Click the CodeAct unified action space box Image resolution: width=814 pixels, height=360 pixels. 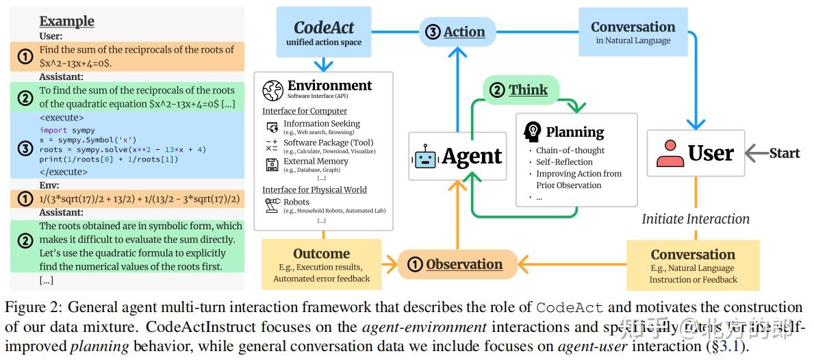(x=324, y=31)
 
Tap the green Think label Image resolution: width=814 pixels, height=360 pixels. (x=520, y=90)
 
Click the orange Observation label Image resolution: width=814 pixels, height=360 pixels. (x=455, y=264)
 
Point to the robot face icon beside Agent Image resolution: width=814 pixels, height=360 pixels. (x=424, y=157)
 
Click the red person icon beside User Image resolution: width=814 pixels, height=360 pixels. (x=670, y=153)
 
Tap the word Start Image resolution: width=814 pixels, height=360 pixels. (x=784, y=153)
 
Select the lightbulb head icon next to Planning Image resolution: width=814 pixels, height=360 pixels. (x=532, y=131)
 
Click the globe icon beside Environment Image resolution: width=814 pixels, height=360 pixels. (x=273, y=90)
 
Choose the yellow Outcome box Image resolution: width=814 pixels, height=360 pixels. (x=321, y=264)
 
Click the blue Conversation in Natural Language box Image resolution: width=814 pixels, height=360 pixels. (x=633, y=31)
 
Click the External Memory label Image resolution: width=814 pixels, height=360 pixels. (x=316, y=162)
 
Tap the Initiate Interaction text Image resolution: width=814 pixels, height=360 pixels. (x=695, y=219)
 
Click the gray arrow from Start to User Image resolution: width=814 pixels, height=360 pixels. (x=755, y=153)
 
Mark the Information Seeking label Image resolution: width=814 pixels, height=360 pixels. (x=321, y=124)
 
